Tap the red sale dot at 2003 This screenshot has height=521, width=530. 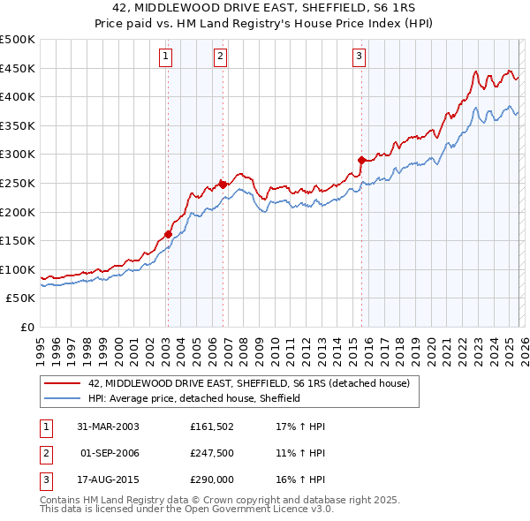click(x=168, y=234)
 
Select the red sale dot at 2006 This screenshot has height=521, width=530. click(x=223, y=185)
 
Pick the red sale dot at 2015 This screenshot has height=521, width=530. click(x=361, y=160)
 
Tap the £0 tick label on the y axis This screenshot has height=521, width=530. click(x=26, y=328)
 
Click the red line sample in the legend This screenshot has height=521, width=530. click(x=62, y=384)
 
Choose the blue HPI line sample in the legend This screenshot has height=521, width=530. click(x=62, y=398)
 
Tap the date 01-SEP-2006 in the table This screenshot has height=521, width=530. click(x=110, y=453)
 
